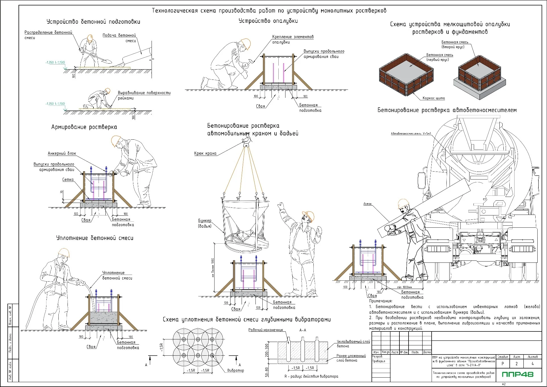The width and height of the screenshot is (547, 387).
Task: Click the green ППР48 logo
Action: [x=518, y=374]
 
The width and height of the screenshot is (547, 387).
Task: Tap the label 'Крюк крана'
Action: [x=205, y=153]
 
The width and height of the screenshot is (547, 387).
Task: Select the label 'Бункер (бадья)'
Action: [x=205, y=223]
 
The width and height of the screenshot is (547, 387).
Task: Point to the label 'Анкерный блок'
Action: [x=62, y=153]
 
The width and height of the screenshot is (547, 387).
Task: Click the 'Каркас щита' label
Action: [x=434, y=98]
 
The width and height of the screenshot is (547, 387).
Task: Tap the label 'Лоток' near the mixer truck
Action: [x=368, y=204]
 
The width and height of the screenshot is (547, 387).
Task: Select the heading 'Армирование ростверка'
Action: [x=84, y=127]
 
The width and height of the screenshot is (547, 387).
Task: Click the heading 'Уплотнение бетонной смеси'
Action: [x=95, y=238]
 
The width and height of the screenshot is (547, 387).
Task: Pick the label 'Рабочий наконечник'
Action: [x=266, y=330]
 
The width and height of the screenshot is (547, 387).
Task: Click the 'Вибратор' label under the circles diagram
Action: [x=236, y=370]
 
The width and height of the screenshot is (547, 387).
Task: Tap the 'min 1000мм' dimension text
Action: [x=405, y=287]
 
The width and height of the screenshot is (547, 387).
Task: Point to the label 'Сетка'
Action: [x=68, y=180]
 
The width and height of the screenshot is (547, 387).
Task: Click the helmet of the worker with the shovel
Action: [x=90, y=38]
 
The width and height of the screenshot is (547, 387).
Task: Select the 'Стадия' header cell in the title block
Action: [x=503, y=357]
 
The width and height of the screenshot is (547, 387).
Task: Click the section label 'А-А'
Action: [x=303, y=330]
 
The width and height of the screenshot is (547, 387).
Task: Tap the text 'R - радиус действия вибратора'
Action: [x=311, y=376]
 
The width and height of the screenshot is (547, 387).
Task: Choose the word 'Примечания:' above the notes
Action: [x=381, y=301]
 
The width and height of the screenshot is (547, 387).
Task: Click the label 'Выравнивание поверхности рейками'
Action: [x=144, y=95]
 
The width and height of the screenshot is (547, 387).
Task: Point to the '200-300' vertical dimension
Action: [x=267, y=350]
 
